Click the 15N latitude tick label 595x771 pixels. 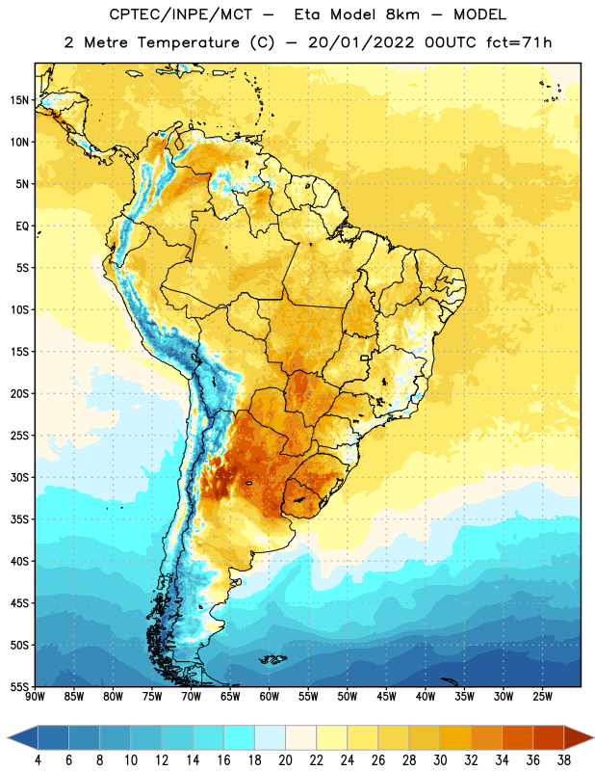pos(19,100)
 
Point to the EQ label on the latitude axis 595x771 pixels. pos(22,226)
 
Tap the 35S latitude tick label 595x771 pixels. pos(19,519)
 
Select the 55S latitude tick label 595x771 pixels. pos(19,687)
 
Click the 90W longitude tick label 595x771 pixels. pos(36,697)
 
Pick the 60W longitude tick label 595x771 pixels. pos(270,697)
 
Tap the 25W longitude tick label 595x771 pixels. pos(542,697)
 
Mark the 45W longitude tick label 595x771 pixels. pos(386,697)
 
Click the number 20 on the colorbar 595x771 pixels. pos(285,760)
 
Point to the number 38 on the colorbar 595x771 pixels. pos(564,760)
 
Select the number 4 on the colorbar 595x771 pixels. pos(38,760)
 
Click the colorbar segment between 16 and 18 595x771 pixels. pos(240,737)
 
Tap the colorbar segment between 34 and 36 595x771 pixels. pos(518,737)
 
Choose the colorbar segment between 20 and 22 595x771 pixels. pos(301,737)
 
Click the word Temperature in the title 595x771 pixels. pos(188,42)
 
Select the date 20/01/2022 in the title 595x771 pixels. pos(361,42)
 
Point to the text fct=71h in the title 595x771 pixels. pos(519,42)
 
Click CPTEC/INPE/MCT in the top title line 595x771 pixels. pos(180,15)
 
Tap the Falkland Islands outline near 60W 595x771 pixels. pos(272,659)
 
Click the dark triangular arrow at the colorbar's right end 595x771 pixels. pos(578,737)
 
